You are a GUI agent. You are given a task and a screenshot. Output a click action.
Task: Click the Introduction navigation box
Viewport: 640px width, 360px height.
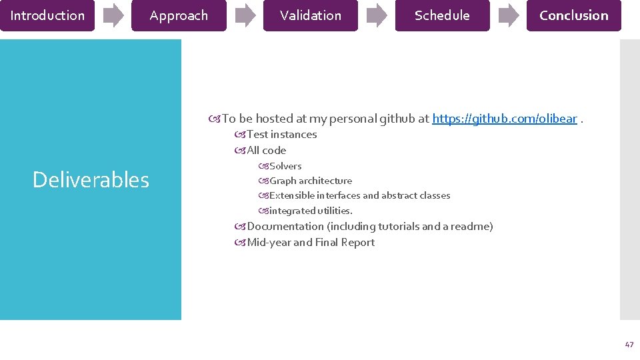coord(47,15)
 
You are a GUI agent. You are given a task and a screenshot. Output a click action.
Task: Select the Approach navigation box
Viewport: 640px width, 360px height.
coord(179,15)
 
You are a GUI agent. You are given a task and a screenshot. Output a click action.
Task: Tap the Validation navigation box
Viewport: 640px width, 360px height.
coord(311,15)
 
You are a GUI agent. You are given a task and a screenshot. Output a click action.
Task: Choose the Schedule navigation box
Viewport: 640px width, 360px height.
coord(442,15)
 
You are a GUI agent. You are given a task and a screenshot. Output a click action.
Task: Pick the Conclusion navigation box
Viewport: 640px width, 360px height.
coord(573,15)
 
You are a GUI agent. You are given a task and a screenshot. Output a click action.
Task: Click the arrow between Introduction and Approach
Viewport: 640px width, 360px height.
coord(113,15)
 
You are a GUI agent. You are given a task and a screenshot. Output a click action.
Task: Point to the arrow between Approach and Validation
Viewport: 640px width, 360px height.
coord(245,15)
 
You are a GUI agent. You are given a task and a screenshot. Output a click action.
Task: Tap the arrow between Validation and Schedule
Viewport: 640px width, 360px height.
coord(377,15)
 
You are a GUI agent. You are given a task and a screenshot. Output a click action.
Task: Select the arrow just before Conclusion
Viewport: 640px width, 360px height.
coord(509,15)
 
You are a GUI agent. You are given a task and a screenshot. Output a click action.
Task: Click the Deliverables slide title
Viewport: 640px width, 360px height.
coord(91,180)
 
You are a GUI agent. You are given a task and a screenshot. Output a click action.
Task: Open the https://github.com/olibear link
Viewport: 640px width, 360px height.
coord(505,119)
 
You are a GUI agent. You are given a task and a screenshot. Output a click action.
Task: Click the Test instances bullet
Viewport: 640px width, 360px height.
coord(281,135)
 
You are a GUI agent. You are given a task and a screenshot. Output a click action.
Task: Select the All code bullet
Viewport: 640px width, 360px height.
coord(266,151)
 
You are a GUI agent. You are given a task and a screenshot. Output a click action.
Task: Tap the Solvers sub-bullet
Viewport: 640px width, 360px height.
coord(285,166)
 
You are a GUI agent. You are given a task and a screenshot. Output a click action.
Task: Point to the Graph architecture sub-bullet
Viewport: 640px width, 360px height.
coord(310,181)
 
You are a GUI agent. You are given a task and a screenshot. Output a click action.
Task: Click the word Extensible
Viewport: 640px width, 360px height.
coord(291,195)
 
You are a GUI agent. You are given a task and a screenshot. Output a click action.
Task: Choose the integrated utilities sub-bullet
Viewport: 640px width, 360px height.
coord(310,211)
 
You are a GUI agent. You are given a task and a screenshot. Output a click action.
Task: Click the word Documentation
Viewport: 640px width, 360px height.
coord(285,227)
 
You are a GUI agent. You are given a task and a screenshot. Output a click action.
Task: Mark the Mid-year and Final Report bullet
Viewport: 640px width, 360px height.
coord(310,243)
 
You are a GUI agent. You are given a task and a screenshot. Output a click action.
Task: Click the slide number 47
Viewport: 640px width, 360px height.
coord(629,345)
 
